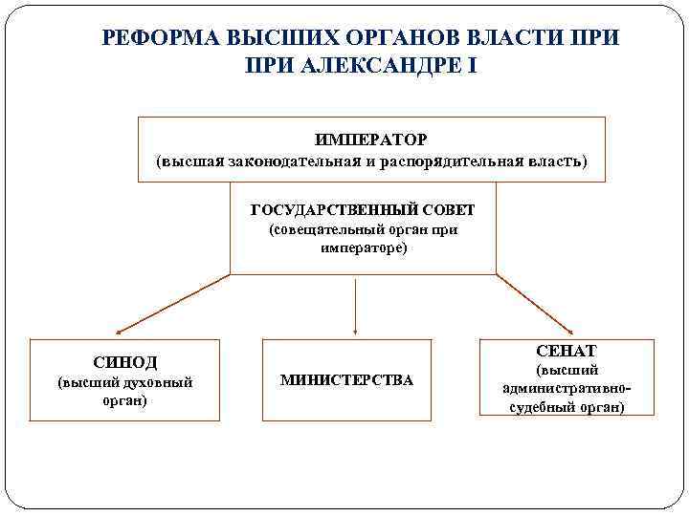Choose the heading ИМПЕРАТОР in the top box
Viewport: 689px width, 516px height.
[x=371, y=140]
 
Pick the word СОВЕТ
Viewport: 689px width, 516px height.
[x=442, y=210]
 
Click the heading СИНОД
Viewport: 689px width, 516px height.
[x=125, y=363]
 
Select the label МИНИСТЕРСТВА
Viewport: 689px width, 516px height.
[x=347, y=380]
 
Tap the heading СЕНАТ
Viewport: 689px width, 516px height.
[x=567, y=352]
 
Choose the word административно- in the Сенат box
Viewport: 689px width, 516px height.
[x=567, y=389]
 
